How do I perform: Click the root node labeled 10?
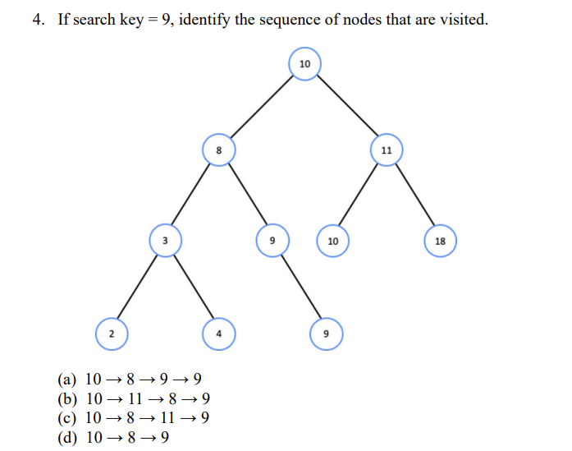tap(304, 64)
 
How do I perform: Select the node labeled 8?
tap(218, 150)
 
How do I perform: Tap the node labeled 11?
tap(386, 150)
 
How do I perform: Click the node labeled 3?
tap(165, 241)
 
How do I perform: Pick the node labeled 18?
tap(440, 242)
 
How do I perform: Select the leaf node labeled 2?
tap(112, 334)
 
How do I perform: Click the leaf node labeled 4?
tap(218, 334)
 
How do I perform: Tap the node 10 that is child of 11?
tap(332, 242)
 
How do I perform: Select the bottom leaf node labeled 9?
tap(326, 334)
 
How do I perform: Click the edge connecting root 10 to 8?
tap(261, 108)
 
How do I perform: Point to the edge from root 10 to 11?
tap(345, 107)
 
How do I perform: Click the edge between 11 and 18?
tap(413, 196)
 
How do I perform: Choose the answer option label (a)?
tap(67, 380)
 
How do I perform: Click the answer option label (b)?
tap(67, 399)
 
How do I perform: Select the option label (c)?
tap(67, 418)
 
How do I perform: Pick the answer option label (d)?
tap(67, 437)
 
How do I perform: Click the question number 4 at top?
tap(38, 19)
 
